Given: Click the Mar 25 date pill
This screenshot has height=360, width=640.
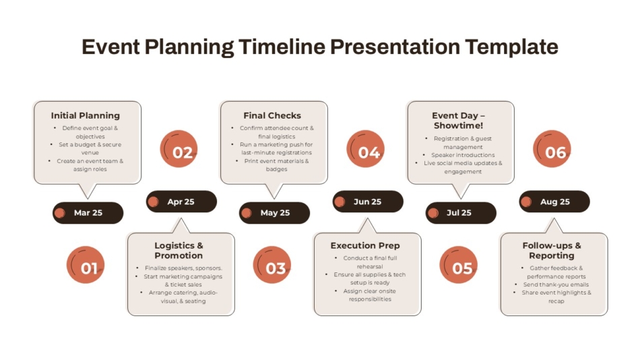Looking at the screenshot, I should [x=88, y=212].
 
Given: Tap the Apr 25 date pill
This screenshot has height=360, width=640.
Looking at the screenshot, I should [x=181, y=202].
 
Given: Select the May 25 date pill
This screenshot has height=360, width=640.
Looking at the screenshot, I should [x=274, y=212].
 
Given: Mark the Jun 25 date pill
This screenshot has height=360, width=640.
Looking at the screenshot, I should [x=368, y=202].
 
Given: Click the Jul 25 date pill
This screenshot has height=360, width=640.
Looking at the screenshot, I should [x=461, y=212].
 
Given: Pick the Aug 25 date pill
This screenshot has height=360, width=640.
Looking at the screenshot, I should [x=554, y=202].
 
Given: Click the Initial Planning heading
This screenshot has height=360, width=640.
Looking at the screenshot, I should [x=86, y=115].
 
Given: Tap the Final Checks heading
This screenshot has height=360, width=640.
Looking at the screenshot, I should [x=272, y=115].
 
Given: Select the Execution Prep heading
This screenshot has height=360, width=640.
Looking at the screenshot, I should [x=365, y=245].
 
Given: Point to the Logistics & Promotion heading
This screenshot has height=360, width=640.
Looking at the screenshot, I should [x=179, y=250].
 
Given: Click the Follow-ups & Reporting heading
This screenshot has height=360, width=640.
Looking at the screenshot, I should [x=552, y=250].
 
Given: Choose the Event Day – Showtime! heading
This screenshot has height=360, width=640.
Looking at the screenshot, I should [x=459, y=120].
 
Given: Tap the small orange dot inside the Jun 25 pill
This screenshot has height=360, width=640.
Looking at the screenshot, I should [x=340, y=202].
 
